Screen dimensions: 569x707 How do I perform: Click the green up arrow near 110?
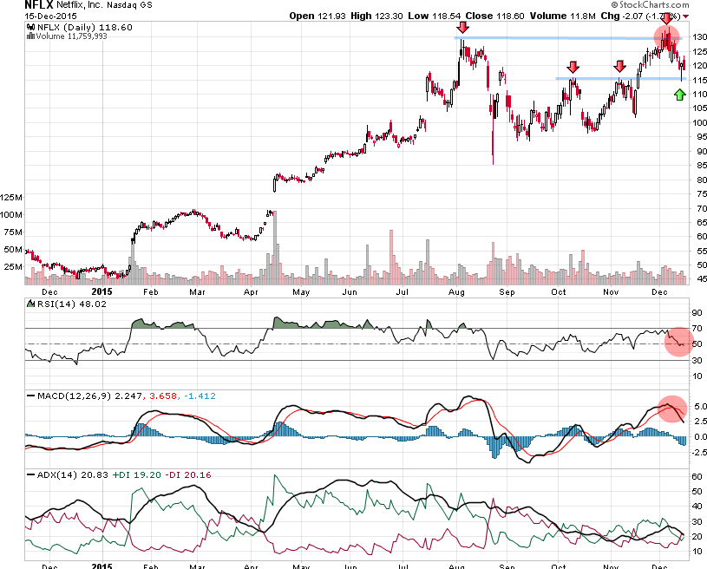tap(679, 93)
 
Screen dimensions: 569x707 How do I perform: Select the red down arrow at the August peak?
tap(463, 28)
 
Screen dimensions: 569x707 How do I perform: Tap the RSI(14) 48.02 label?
tap(62, 304)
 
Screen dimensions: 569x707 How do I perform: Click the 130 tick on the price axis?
tap(697, 37)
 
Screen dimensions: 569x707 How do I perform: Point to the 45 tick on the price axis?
tap(697, 278)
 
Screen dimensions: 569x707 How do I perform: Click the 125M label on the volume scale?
tap(12, 198)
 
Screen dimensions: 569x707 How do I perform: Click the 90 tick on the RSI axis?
tap(696, 313)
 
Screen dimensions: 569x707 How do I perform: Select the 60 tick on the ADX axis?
tap(696, 476)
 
